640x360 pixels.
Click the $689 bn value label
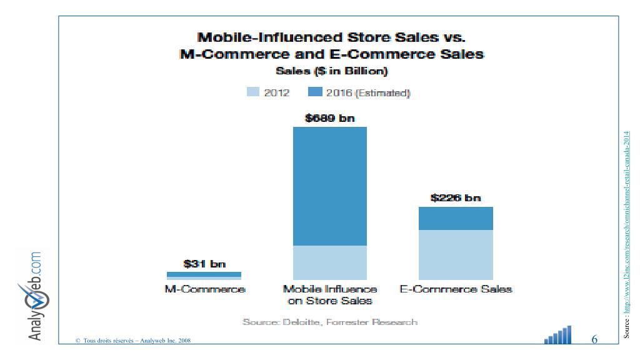point(329,117)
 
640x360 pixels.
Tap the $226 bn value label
point(456,198)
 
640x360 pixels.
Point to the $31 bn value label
point(204,264)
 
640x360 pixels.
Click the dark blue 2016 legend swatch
point(316,92)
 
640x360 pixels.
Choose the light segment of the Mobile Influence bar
point(329,262)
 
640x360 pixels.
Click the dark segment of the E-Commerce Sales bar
point(456,218)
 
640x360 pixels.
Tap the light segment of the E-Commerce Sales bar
point(456,255)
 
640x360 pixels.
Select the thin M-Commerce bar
point(204,275)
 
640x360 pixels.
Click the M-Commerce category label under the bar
point(204,289)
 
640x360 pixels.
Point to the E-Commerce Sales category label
point(456,289)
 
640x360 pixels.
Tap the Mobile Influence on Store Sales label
point(329,295)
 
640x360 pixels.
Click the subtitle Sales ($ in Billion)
point(331,71)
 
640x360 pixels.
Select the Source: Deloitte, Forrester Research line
point(329,322)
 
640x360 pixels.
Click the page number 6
point(594,340)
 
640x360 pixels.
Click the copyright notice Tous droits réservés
point(133,341)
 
